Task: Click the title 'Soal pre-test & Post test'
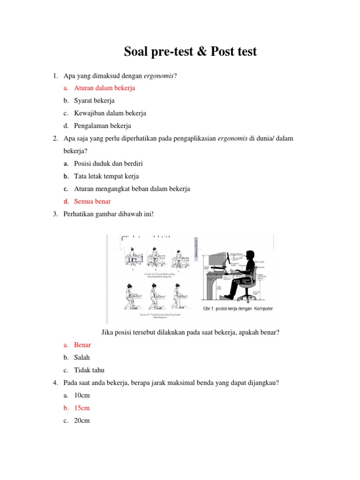[190, 52]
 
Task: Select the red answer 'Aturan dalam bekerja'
[105, 88]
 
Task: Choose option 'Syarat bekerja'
[94, 101]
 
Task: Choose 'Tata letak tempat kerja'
[106, 176]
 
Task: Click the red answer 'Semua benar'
[92, 202]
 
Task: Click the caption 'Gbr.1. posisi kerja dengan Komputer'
[238, 308]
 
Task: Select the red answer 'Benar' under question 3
[82, 345]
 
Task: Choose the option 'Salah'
[82, 358]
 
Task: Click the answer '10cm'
[82, 396]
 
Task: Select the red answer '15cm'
[82, 408]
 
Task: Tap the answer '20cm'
[82, 421]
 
